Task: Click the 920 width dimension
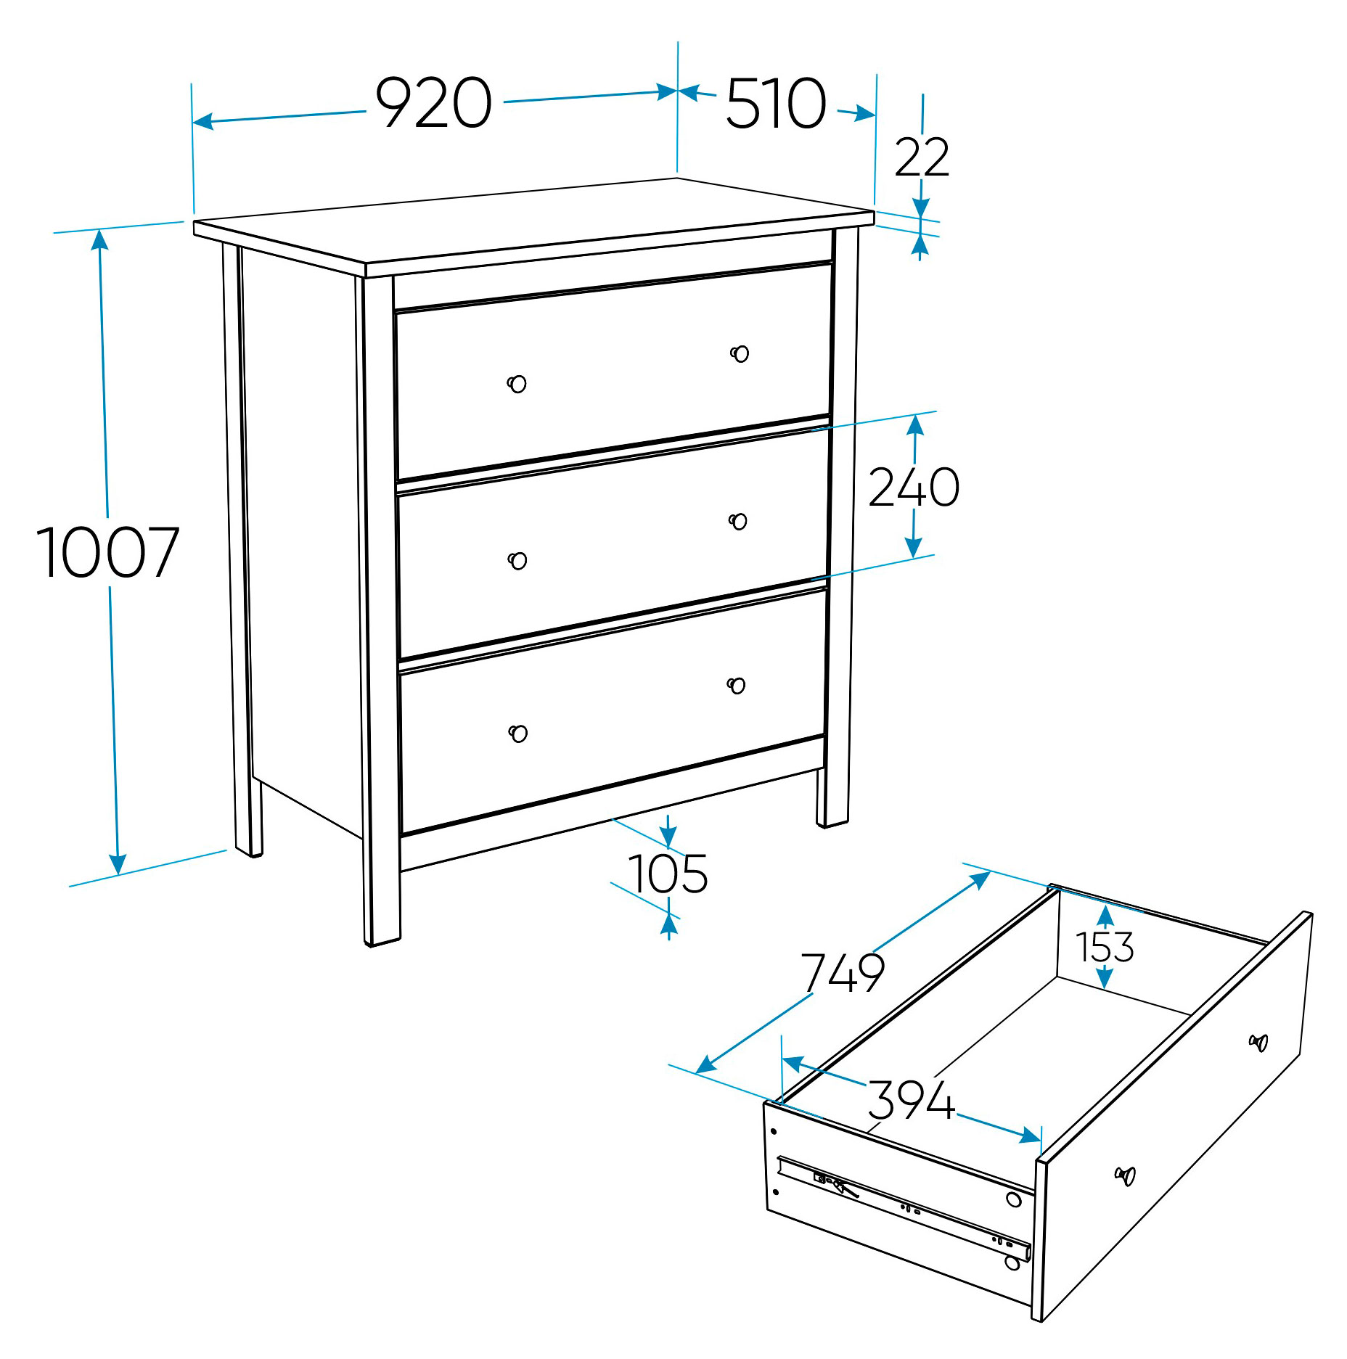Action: point(433,103)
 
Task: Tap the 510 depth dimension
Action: point(776,103)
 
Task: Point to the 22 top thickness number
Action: point(922,157)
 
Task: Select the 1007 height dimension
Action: point(107,552)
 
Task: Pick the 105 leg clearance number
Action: point(668,874)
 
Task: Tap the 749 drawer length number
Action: point(843,972)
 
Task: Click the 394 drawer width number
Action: point(912,1100)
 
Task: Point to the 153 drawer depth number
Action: point(1104,947)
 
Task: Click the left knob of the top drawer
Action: point(517,384)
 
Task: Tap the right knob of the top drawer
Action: point(740,353)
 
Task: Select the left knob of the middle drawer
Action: point(517,561)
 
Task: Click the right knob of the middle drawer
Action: point(738,521)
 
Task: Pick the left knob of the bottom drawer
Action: point(518,734)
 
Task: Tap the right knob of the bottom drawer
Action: point(736,685)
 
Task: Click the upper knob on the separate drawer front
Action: point(1258,1043)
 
